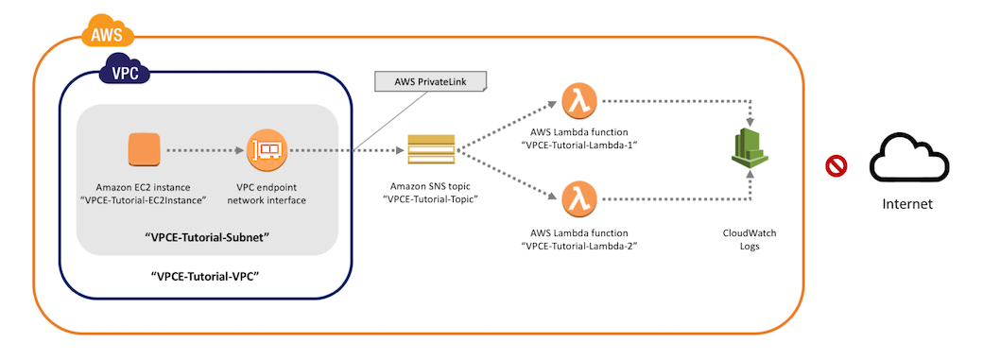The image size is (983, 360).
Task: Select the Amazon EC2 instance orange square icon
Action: click(146, 149)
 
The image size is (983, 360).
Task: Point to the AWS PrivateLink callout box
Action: click(430, 82)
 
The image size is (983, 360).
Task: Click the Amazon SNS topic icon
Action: click(430, 149)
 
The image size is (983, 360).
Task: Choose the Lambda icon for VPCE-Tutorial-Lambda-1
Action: click(577, 99)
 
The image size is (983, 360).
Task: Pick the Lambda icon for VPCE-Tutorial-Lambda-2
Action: click(577, 199)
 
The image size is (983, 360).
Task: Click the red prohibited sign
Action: click(836, 167)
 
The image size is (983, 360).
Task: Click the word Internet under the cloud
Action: click(906, 203)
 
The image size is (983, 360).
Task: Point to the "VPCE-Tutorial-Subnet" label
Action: click(207, 236)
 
